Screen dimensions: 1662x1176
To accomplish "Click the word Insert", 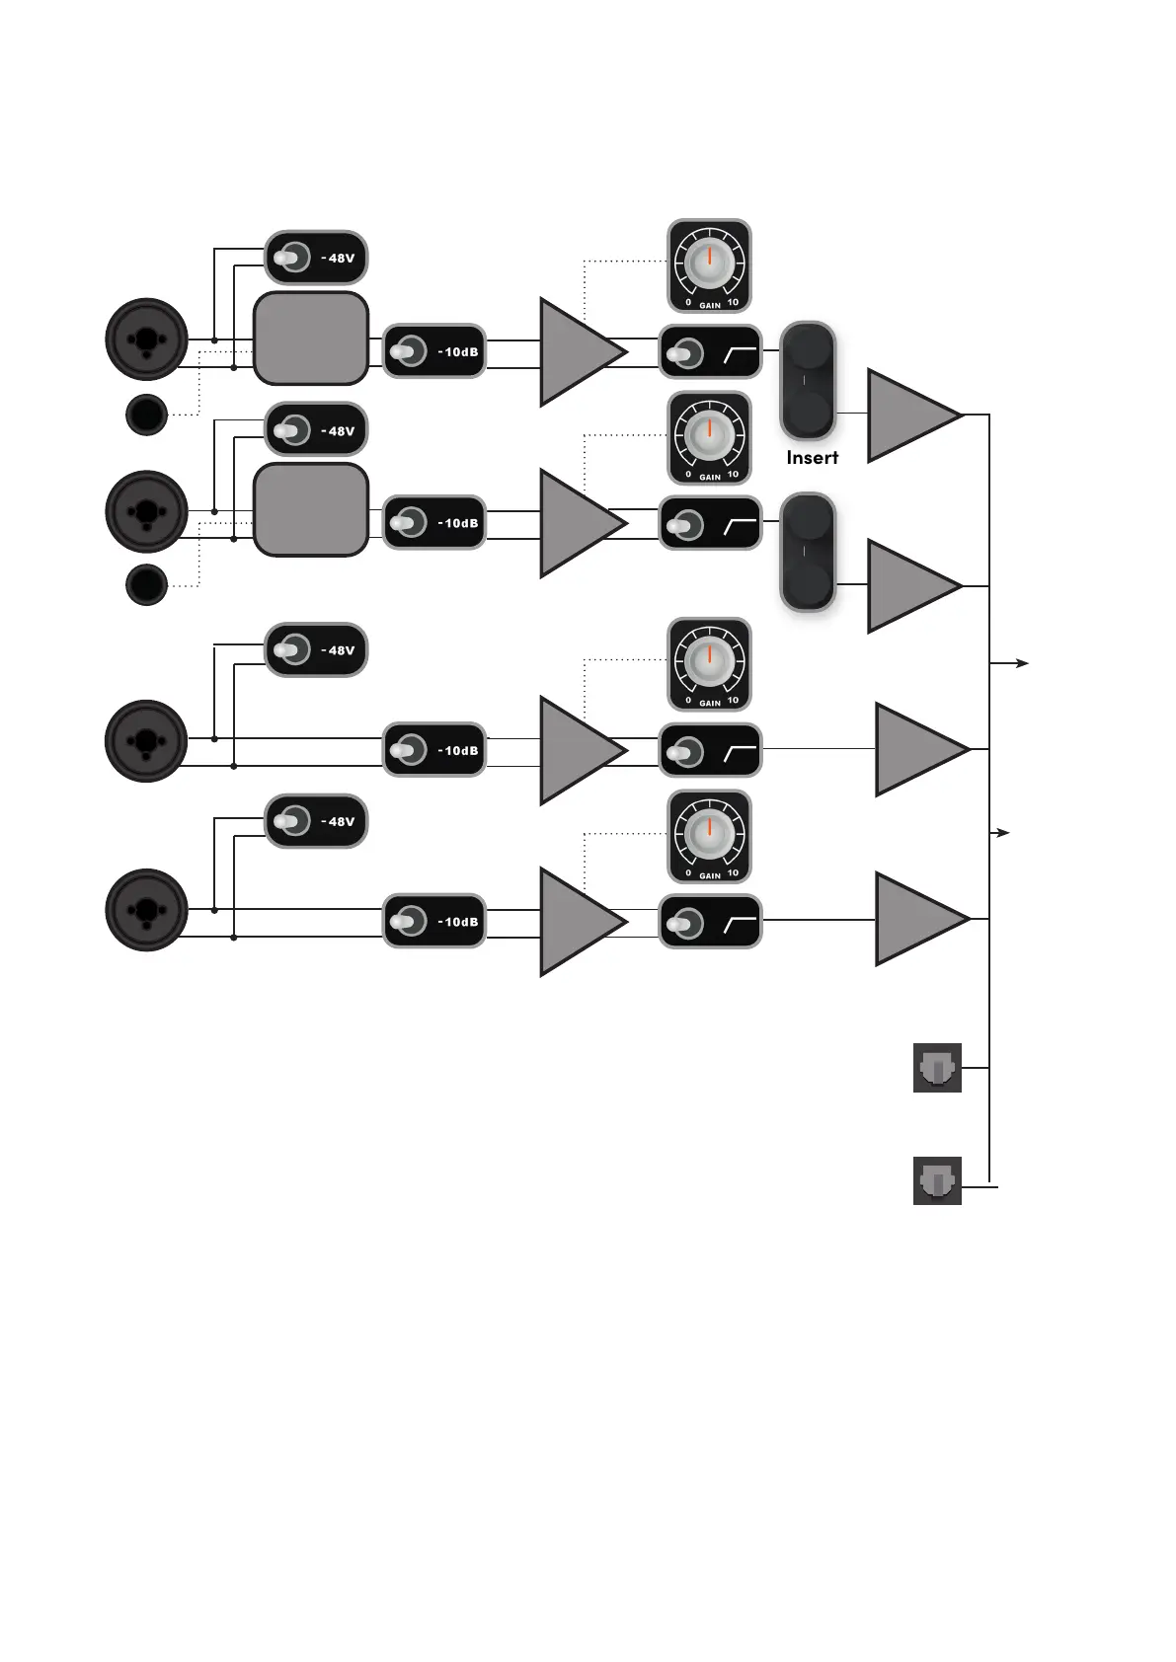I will tap(812, 458).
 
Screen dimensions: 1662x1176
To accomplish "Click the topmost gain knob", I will tap(709, 265).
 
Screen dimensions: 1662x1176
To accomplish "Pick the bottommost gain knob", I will tap(709, 836).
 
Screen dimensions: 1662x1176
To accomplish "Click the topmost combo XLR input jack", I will tap(146, 340).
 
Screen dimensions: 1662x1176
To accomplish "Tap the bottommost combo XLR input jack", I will tap(146, 910).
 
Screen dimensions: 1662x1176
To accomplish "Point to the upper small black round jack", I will tap(146, 415).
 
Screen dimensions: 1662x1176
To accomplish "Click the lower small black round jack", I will tap(146, 585).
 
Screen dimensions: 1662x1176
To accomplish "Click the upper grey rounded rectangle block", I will tap(311, 339).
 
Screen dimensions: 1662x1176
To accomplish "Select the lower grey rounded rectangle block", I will tap(311, 510).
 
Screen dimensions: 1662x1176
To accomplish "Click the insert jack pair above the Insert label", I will tap(808, 380).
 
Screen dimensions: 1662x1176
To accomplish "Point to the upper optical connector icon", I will tap(937, 1068).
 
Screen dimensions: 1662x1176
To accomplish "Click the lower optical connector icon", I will tap(937, 1180).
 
